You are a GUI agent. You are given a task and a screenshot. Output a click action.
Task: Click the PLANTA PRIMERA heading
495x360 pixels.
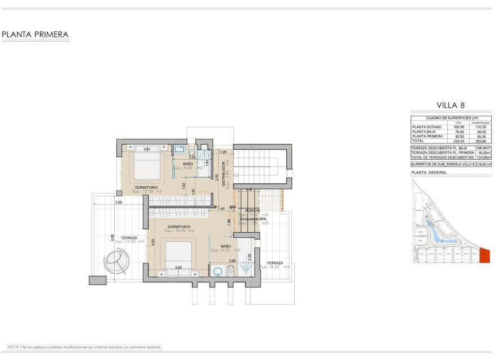click(x=35, y=35)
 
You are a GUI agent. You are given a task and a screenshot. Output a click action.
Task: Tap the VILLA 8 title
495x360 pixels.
click(x=451, y=105)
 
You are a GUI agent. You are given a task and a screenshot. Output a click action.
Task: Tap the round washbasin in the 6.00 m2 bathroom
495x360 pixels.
click(x=217, y=271)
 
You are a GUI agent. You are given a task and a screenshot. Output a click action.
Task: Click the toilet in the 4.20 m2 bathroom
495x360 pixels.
click(x=192, y=151)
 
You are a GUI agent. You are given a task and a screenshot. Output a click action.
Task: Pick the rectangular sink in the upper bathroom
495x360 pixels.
click(x=179, y=150)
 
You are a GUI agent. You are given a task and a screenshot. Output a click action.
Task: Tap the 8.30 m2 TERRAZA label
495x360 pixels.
click(x=274, y=263)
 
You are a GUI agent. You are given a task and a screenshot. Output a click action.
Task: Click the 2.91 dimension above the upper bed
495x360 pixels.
click(x=147, y=149)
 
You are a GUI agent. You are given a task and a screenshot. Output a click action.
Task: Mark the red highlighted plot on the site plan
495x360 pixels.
click(x=486, y=256)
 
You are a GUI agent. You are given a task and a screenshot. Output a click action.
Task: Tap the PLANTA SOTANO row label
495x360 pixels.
click(x=426, y=127)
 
